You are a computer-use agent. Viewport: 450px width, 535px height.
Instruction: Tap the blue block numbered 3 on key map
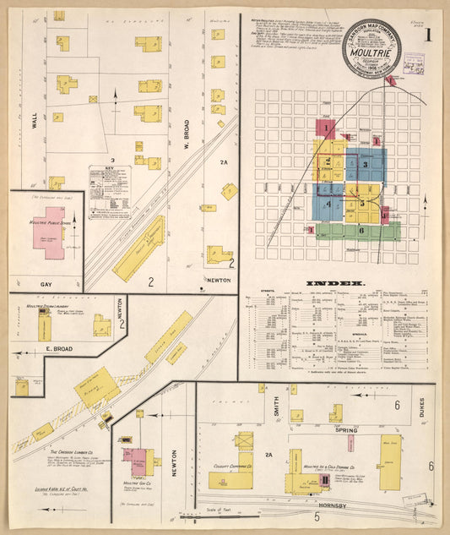coord(366,165)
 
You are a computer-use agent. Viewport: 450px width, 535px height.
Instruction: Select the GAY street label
coord(46,285)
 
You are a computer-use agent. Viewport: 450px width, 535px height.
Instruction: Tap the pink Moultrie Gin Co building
coord(135,461)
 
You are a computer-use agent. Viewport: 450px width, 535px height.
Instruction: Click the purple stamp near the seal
coord(414,64)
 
